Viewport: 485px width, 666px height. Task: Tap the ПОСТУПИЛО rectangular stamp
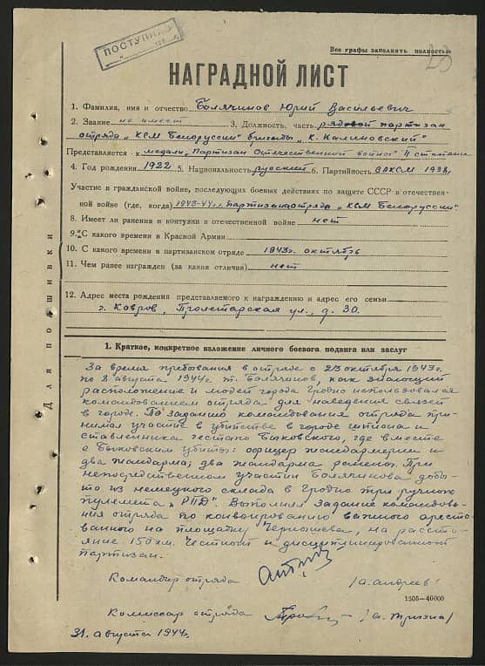(139, 44)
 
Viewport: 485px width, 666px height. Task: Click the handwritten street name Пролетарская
(205, 311)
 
